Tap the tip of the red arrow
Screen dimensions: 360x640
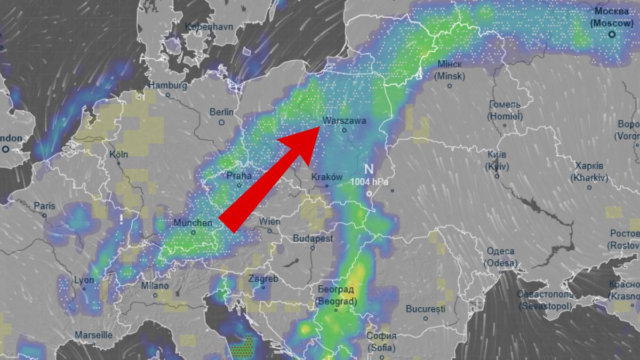point(320,127)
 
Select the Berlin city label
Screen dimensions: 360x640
point(221,112)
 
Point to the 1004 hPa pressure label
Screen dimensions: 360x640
point(370,181)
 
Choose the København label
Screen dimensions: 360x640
point(209,27)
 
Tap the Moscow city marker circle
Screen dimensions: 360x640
point(612,34)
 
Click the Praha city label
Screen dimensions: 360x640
point(239,175)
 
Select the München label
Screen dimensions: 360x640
point(193,222)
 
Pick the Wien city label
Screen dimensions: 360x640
point(269,221)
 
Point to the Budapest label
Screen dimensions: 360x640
point(313,238)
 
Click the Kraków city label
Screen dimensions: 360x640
point(327,177)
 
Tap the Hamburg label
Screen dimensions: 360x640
point(167,85)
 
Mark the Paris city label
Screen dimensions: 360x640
point(44,206)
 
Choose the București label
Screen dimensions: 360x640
point(425,309)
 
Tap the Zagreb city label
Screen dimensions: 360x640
point(263,279)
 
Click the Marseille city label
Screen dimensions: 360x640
point(93,335)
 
